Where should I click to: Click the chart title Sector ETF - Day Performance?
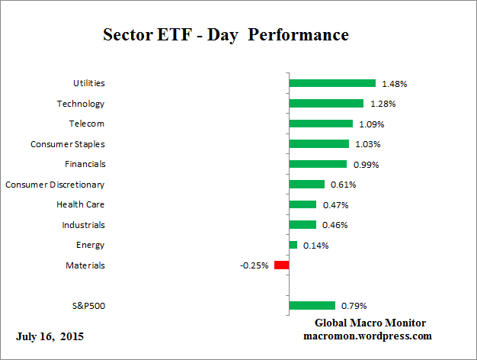[226, 35]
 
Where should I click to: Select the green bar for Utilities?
[332, 83]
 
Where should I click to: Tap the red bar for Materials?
[281, 265]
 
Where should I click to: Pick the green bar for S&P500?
[312, 306]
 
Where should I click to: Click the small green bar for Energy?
[293, 245]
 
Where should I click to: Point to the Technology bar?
[326, 103]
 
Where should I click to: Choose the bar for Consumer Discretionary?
[307, 184]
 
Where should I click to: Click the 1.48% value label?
[395, 83]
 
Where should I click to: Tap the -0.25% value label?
[254, 265]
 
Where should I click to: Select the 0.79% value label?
[354, 306]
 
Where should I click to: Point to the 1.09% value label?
[373, 124]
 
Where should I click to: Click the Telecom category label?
[86, 124]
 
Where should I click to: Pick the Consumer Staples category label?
[68, 143]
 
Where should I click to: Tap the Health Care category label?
[81, 204]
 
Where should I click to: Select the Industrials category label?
[83, 225]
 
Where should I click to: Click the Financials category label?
[85, 164]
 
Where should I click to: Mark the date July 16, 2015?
[50, 336]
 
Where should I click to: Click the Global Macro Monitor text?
[370, 323]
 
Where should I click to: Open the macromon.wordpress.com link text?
[368, 335]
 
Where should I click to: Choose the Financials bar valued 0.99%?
[318, 164]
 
